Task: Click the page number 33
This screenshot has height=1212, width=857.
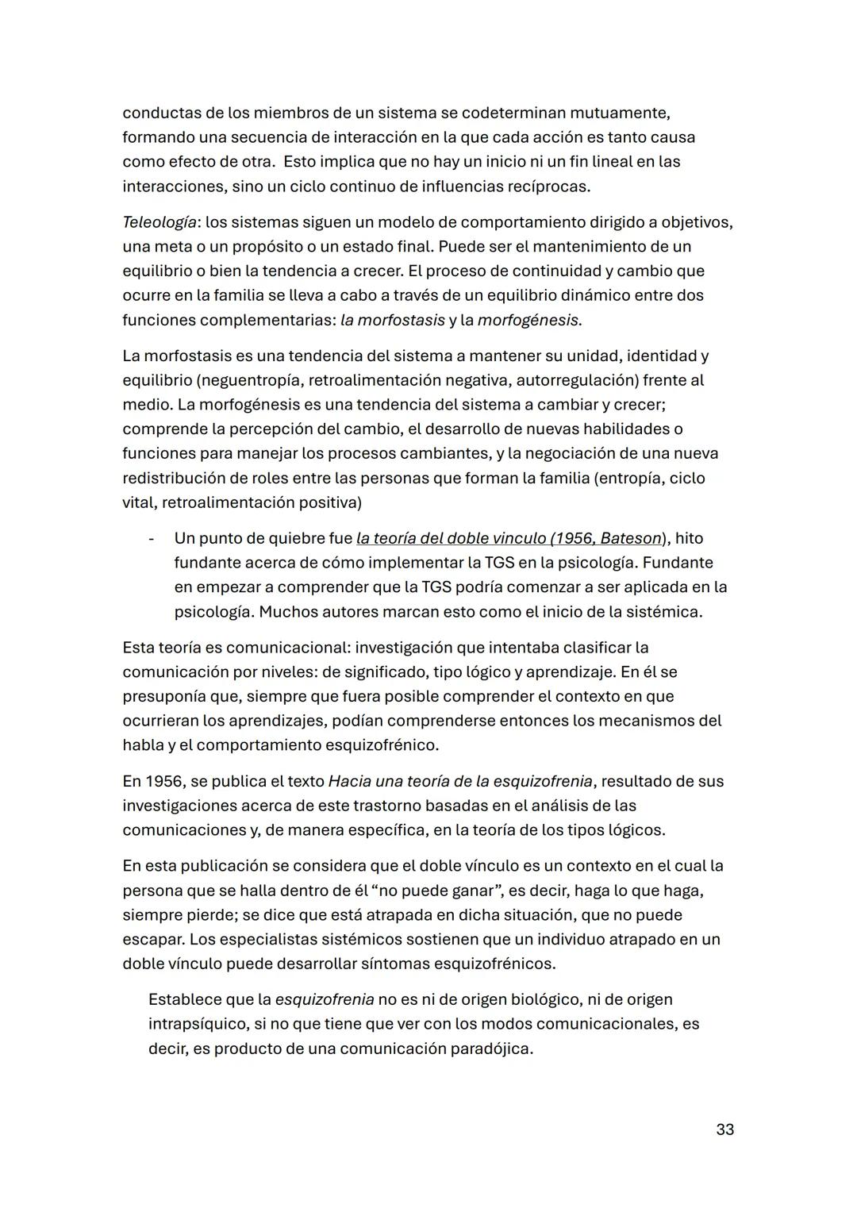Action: point(724,1129)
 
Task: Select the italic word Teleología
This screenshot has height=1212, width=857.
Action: point(158,221)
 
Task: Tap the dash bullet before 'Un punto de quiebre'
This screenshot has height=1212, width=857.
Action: point(151,539)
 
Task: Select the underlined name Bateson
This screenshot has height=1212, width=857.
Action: point(631,538)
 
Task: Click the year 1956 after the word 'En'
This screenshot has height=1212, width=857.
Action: point(166,781)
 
